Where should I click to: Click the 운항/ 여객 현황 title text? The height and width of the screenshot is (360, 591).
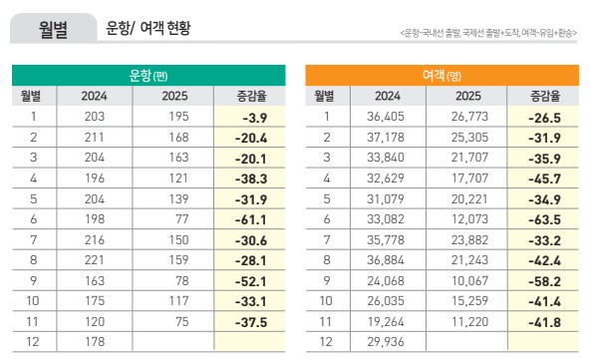coord(148,29)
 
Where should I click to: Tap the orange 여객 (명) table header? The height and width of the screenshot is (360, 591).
coord(442,75)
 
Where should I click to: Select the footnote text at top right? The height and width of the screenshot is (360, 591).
coord(486,35)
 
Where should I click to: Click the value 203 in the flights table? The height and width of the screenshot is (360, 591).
coord(95,117)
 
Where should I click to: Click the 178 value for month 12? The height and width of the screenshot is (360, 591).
coord(95,342)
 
